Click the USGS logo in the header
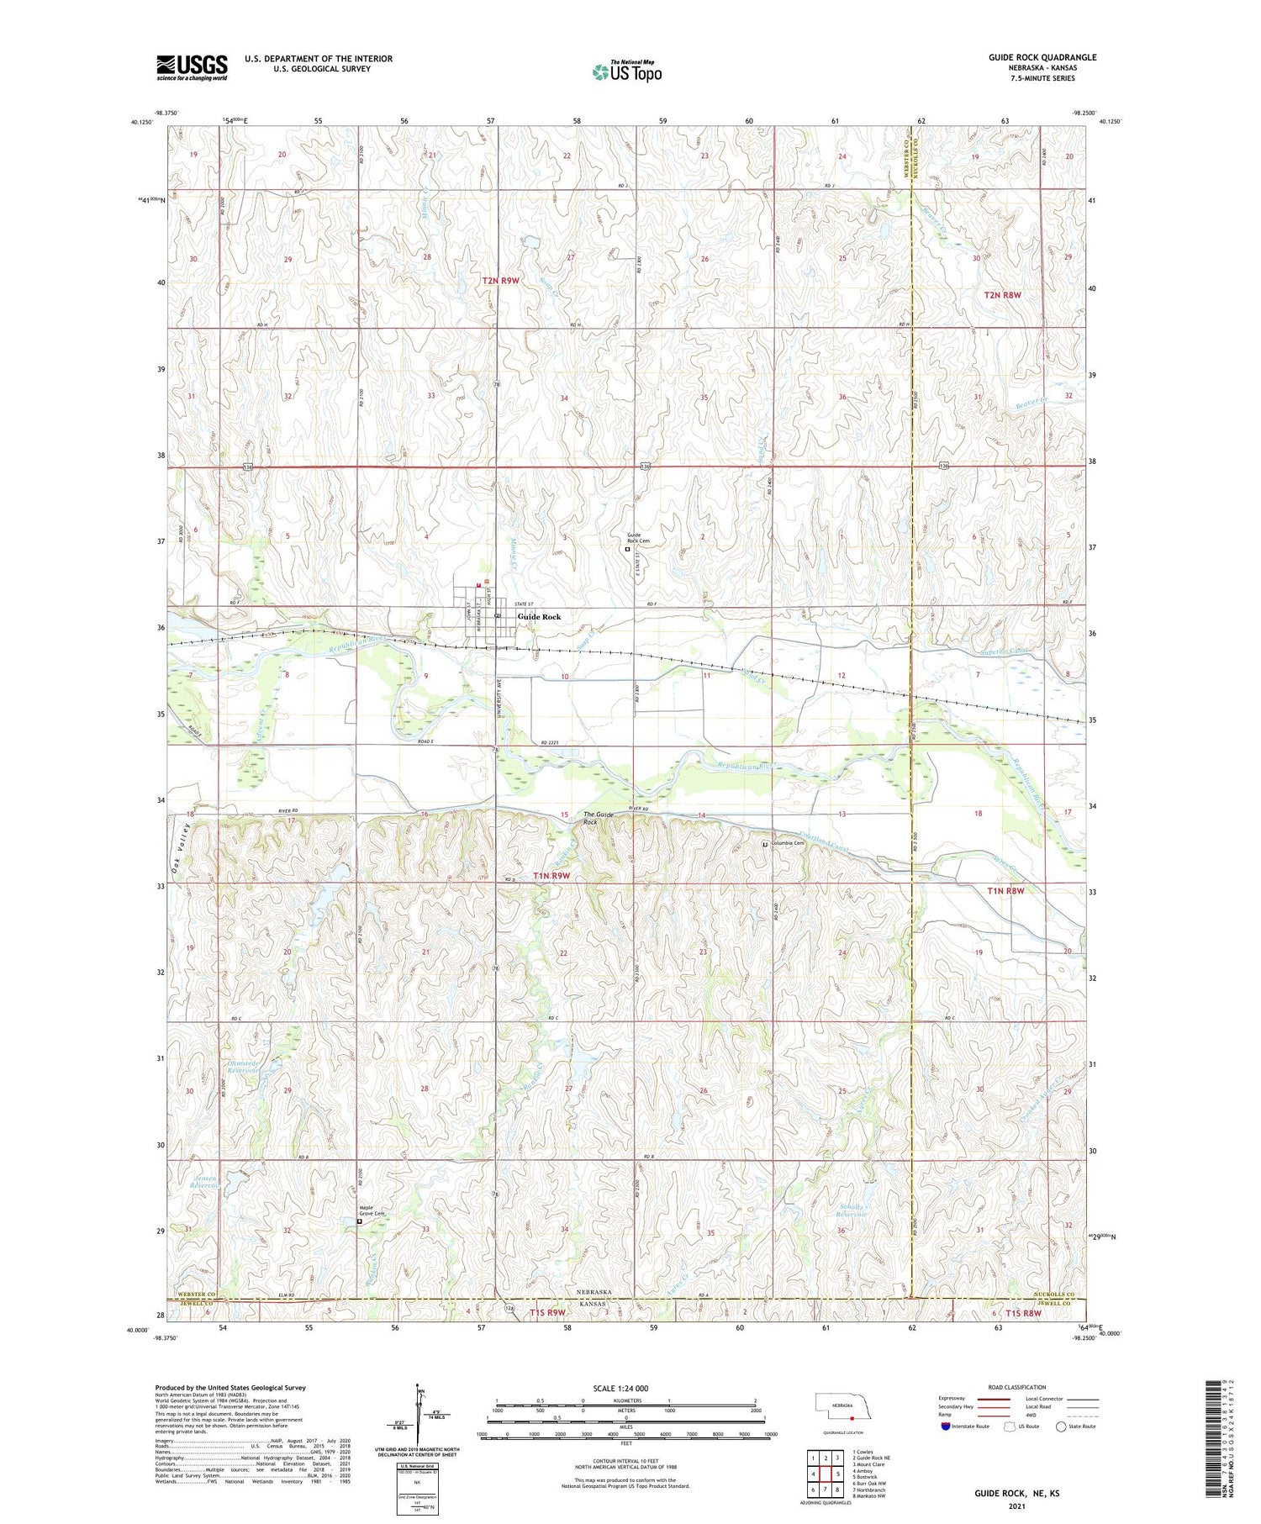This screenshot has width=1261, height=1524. point(192,67)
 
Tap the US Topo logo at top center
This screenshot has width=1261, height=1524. point(627,71)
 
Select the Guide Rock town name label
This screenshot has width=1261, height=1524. point(539,617)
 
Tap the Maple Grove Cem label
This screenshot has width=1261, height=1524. point(372,1210)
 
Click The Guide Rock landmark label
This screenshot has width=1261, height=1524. point(599,818)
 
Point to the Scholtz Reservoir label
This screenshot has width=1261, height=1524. point(851,1211)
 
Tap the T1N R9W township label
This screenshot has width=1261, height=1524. point(551,875)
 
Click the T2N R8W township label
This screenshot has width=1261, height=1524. point(1002,295)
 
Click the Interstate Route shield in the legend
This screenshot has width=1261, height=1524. point(946,1426)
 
